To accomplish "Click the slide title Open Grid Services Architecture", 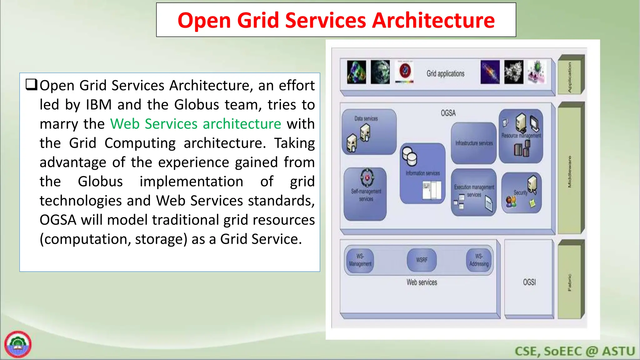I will coord(336,20).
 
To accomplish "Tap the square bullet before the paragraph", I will coord(31,85).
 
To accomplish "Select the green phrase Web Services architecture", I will coord(196,124).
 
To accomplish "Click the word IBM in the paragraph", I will coord(99,105).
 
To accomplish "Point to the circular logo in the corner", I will coord(18,344).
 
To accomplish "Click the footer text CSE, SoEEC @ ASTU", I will coord(575,351).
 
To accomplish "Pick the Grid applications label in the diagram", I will coord(445,74).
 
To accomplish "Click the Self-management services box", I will coord(365,194).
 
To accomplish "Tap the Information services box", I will coord(422,173).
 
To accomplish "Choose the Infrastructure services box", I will coord(474,143).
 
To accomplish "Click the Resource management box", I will coord(521,136).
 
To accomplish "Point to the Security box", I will coord(521,193).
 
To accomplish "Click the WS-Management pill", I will coord(360,260).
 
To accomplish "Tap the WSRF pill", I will coord(422,260).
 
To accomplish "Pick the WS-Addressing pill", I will coord(479,260).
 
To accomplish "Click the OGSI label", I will coord(529,282).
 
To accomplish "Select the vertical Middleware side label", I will coord(569,172).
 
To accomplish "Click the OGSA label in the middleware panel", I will coord(448,113).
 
